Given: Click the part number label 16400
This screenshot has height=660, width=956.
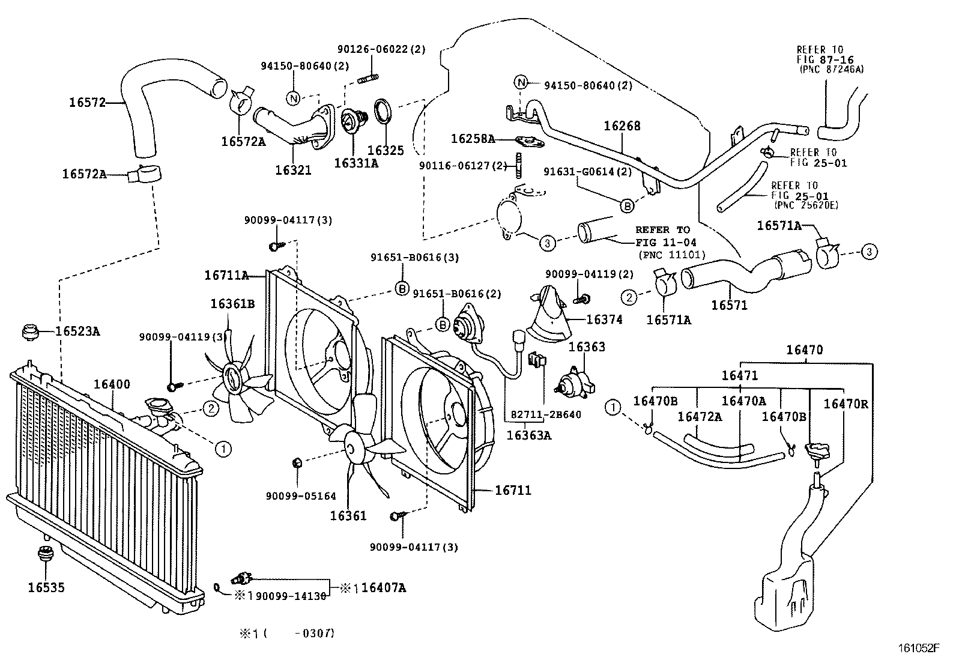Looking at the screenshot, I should point(112,384).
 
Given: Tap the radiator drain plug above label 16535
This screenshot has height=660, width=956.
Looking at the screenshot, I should point(44,554).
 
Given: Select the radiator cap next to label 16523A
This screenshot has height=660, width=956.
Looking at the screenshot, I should point(29,332).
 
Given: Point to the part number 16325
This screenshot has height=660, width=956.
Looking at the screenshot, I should point(386,151).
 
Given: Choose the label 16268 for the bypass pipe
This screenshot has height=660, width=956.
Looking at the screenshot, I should point(622,126).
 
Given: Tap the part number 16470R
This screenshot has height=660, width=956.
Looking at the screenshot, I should point(846,404).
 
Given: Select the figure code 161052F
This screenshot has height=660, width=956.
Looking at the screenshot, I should point(918,648).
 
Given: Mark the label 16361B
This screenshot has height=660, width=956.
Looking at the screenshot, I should point(232,304).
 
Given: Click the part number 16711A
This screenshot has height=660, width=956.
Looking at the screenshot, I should point(226,276).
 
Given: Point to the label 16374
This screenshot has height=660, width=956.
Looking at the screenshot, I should point(604,320).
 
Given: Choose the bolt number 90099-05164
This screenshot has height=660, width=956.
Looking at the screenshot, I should point(301,496).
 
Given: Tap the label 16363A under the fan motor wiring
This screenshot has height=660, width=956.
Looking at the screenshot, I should point(528,435).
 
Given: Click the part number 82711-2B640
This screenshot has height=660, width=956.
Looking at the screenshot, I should point(546,414).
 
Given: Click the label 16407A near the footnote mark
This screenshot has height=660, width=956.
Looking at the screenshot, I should point(384,588).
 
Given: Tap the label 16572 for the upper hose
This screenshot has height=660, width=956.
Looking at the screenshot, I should point(87,102).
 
